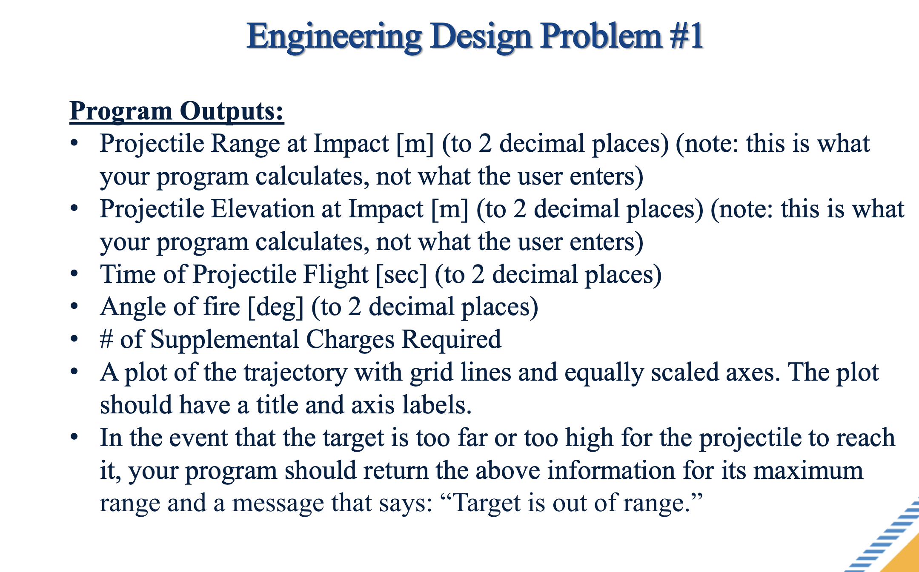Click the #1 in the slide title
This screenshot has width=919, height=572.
point(686,36)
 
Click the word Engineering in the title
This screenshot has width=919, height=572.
point(335,37)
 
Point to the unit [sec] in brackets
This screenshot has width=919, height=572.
point(401,275)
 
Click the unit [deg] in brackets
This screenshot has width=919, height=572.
point(275,307)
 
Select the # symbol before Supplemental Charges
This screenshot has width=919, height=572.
point(106,340)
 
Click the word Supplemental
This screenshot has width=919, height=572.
point(225,340)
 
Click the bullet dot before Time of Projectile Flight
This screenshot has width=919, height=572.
point(74,273)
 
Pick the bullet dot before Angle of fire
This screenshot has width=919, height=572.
point(74,306)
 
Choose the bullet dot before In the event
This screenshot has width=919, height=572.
point(74,437)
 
